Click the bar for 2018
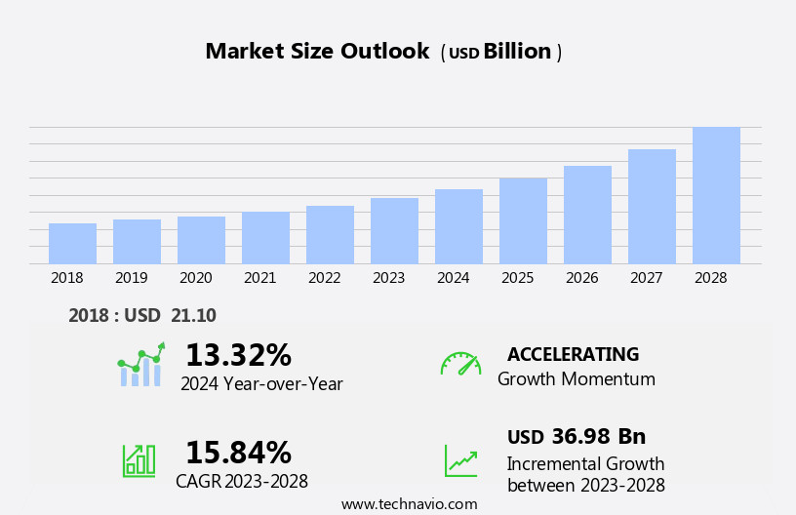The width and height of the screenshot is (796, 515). [x=72, y=244]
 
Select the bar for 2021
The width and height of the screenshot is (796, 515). [x=265, y=238]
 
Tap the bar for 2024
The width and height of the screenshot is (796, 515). [x=458, y=226]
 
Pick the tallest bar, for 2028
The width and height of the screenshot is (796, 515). [x=716, y=195]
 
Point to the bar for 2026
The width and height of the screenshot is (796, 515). [x=587, y=215]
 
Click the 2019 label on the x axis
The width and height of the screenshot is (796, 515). [x=132, y=278]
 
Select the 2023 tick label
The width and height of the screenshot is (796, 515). [x=388, y=278]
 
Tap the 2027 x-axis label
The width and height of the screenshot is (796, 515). [x=646, y=278]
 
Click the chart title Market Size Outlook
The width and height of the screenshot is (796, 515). [x=317, y=52]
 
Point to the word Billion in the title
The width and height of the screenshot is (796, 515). [x=517, y=52]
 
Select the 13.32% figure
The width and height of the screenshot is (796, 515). [x=238, y=355]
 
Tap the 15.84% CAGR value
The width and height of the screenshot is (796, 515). [x=238, y=453]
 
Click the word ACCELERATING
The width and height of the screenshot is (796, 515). [x=573, y=354]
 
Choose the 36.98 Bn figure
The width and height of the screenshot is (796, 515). [x=598, y=436]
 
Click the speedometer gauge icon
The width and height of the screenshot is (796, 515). [x=460, y=364]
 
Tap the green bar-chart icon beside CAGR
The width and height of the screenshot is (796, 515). [x=139, y=459]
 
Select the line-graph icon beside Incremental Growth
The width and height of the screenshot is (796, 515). [x=460, y=460]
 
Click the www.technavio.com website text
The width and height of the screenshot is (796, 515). [x=409, y=504]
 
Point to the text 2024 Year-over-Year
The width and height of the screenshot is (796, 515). [x=261, y=384]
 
